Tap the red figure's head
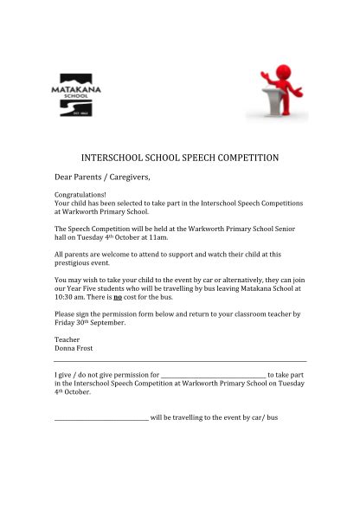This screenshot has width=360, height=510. point(283,71)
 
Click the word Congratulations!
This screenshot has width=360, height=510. point(80,196)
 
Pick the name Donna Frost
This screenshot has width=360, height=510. point(73,348)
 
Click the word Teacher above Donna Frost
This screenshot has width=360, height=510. point(67,339)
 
